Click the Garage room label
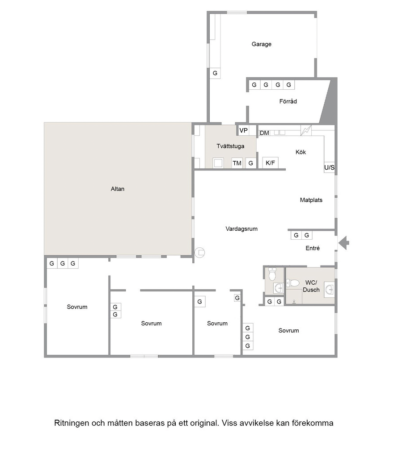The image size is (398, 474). [262, 44]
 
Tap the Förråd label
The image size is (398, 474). [288, 101]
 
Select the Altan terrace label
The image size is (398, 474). [118, 189]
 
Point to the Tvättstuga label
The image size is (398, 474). [230, 146]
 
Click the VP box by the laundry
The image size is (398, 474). [244, 131]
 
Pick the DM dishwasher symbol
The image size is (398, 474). [264, 133]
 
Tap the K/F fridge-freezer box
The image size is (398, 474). [270, 163]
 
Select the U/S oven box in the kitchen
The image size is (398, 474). [329, 167]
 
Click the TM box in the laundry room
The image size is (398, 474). [237, 163]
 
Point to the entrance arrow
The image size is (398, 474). [343, 243]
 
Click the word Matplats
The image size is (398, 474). [311, 200]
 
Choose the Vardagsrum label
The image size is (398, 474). [241, 229]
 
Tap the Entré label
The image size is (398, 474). [313, 248]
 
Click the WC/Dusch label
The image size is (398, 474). [311, 286]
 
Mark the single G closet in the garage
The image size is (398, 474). [215, 73]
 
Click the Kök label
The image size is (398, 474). [301, 152]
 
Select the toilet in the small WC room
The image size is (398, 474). [272, 274]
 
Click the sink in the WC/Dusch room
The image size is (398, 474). [329, 290]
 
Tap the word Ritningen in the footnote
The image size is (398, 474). [72, 423]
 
